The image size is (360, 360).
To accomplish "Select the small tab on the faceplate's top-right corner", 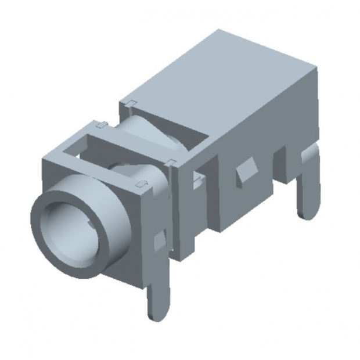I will coord(141,185).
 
